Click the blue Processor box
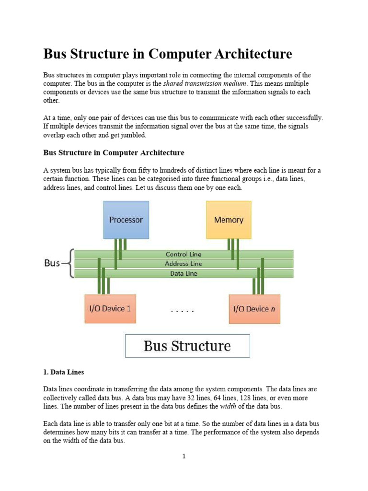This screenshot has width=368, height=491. coord(126,220)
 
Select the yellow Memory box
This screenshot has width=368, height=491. coord(229,220)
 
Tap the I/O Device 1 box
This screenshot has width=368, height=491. coord(110,309)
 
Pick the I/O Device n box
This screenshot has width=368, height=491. coord(254,309)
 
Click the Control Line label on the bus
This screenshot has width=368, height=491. coord(184,254)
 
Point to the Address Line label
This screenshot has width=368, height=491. coord(184,264)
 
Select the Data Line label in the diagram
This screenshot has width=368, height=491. coord(184,274)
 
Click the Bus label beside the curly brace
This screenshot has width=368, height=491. coord(52,263)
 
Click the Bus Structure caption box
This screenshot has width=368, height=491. coord(187,346)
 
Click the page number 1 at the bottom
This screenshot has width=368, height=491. coord(184,456)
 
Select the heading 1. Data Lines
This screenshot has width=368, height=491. coord(64,372)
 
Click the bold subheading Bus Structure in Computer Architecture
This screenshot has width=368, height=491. coord(114,152)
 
